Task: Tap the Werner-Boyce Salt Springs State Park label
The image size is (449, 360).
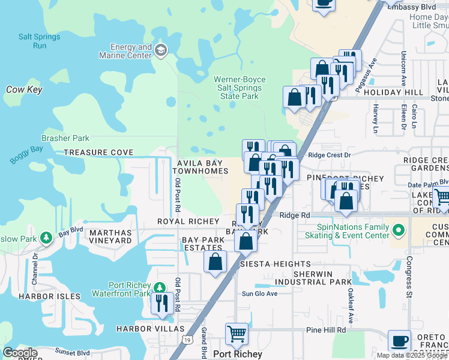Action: point(240,88)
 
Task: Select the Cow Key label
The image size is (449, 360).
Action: point(24,89)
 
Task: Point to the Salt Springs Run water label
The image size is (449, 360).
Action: point(40,41)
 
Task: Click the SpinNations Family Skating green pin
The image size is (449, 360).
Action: point(397,230)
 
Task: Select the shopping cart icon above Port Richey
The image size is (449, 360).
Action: point(237,334)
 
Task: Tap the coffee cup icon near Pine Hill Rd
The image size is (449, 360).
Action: point(399,340)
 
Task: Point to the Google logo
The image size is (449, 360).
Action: point(20,353)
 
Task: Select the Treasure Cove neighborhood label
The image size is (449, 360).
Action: point(98,152)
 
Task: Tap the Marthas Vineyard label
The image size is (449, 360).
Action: point(110,236)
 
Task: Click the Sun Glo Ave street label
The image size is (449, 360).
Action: point(259,293)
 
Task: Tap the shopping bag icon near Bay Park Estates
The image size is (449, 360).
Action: point(215,262)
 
